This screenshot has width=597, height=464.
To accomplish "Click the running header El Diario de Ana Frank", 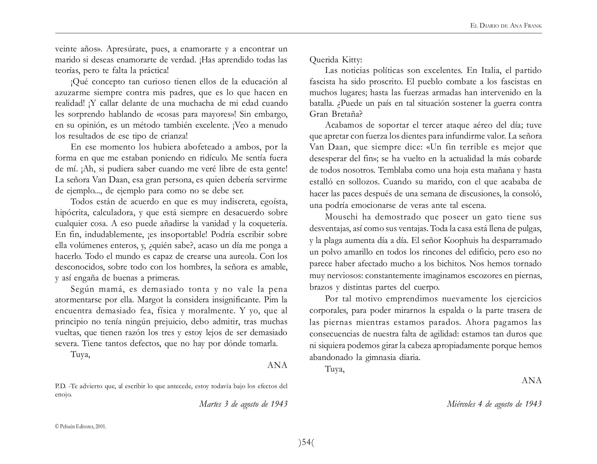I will point(506,26).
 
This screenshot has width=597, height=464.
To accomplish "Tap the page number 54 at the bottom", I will point(306,442).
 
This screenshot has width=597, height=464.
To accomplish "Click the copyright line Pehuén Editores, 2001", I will point(81,427).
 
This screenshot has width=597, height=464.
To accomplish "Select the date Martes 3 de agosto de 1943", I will point(243,404).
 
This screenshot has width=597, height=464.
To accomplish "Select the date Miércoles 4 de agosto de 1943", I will point(494,404).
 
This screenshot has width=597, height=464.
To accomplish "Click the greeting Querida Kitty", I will point(336,60).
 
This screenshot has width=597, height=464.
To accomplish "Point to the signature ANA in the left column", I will point(277,365).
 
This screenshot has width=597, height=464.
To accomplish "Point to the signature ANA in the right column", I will point(531,380).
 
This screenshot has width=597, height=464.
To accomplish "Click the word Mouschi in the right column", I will point(341,217).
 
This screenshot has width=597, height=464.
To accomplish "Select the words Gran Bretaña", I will point(336,114).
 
